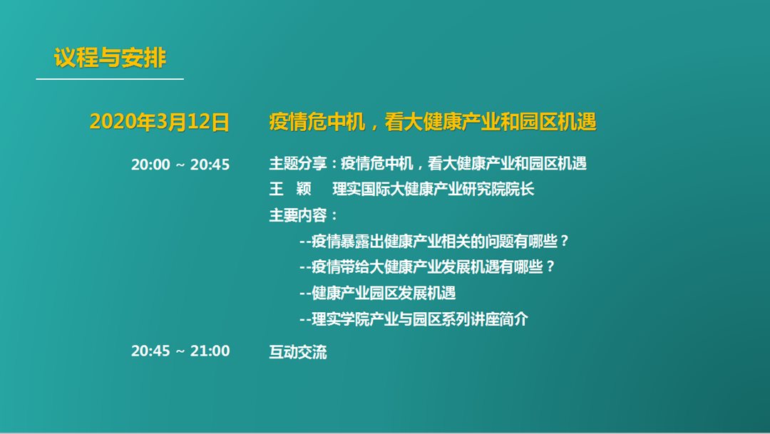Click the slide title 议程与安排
coord(110,58)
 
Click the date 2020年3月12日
coord(160,122)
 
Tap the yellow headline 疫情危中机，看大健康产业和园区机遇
coord(433,122)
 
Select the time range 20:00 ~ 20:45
coord(180,164)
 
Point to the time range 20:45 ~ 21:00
coord(180,351)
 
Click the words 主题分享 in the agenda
coord(297,163)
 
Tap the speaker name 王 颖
coord(290,189)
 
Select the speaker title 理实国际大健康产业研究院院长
coord(433,189)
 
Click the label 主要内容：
coord(303,215)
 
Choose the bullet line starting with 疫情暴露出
coord(434,241)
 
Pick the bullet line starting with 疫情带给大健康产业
coord(427,267)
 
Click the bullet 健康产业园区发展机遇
coord(378,293)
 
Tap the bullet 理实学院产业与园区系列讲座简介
coord(414,319)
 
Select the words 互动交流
coord(297,351)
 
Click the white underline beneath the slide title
coord(110,78)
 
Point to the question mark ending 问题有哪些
coord(564,241)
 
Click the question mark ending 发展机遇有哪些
coord(550,267)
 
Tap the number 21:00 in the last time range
coord(210,351)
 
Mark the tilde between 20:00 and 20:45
coord(180,165)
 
